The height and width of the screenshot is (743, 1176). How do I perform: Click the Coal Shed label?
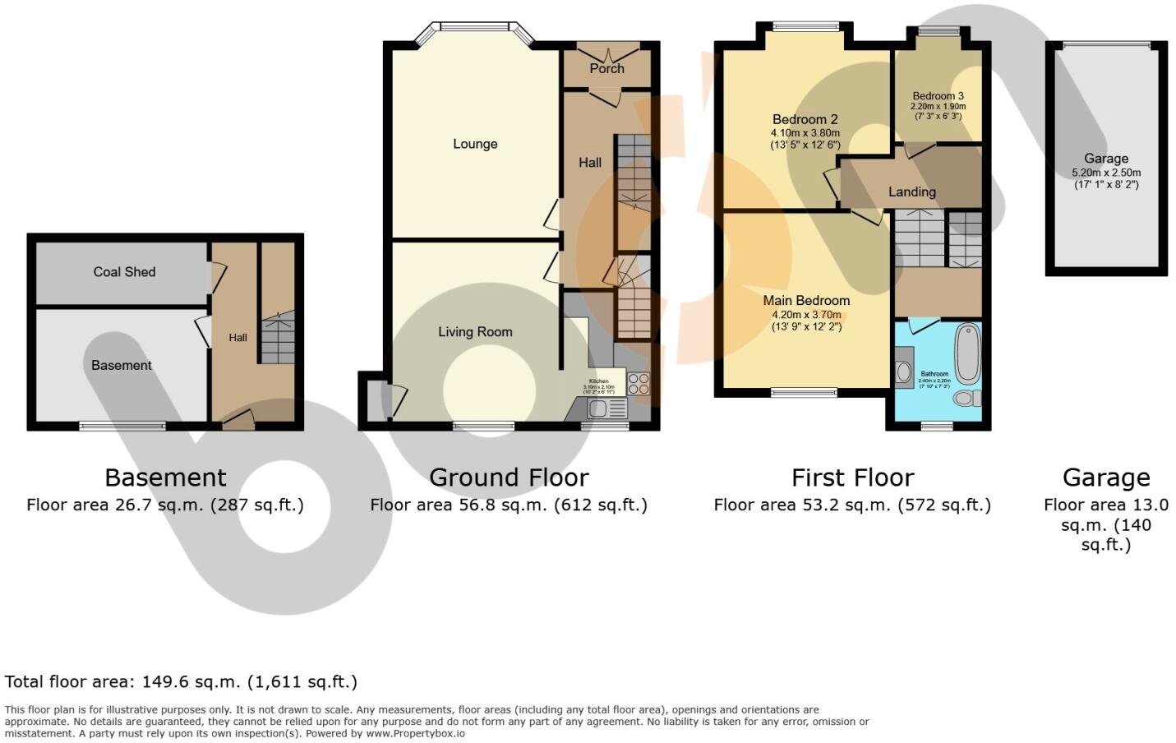124,272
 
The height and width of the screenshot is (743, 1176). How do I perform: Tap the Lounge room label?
475,144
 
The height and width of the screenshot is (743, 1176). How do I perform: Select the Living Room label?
475,332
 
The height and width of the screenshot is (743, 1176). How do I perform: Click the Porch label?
606,68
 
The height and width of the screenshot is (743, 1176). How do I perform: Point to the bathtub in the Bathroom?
967,353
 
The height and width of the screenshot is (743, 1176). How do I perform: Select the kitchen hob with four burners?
639,384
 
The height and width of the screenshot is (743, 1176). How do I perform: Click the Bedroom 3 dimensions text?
938,111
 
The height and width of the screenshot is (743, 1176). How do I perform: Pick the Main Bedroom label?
806,301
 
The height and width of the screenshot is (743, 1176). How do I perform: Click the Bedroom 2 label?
805,120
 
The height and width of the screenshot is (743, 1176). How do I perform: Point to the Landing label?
911,192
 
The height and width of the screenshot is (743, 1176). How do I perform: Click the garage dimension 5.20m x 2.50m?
1106,173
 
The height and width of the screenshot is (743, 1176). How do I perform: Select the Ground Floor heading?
509,478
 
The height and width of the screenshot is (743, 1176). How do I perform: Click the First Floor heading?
852,478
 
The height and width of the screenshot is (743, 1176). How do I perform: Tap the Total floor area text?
181,681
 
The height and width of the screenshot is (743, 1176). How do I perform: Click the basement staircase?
278,337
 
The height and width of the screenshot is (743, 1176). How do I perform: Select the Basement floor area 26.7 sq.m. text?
165,505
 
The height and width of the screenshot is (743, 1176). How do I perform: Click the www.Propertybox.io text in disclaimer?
415,733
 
